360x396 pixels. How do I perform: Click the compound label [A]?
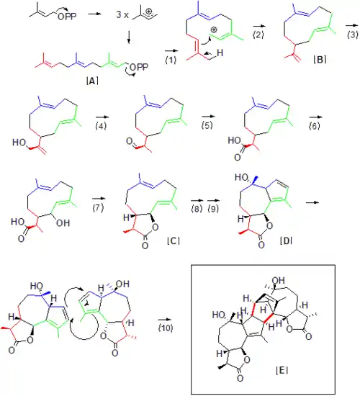tap(92, 81)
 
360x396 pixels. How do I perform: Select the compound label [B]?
tap(320, 59)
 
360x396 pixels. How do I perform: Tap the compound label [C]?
tap(174, 241)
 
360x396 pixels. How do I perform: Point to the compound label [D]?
tap(286, 241)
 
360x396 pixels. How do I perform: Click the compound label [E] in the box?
tap(282, 370)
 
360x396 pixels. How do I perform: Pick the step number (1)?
tap(171, 60)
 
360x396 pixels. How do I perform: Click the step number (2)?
tap(258, 35)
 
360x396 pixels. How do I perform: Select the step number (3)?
tap(353, 35)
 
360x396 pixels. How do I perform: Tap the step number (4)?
tap(101, 125)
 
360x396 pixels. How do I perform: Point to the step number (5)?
tap(207, 125)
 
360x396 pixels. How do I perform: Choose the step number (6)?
tap(314, 125)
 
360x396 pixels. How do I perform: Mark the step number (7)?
tap(98, 208)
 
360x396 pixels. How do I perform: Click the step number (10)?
tap(166, 328)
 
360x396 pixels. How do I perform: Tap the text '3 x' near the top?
tap(122, 14)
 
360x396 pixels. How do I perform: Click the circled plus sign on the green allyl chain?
tap(214, 30)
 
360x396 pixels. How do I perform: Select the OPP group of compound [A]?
tap(139, 67)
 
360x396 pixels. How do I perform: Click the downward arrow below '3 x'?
tap(129, 37)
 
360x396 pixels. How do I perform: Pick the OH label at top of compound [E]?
tap(279, 280)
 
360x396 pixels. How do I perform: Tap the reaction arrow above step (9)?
tap(213, 200)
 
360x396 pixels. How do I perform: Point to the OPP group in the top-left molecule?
tap(67, 17)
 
